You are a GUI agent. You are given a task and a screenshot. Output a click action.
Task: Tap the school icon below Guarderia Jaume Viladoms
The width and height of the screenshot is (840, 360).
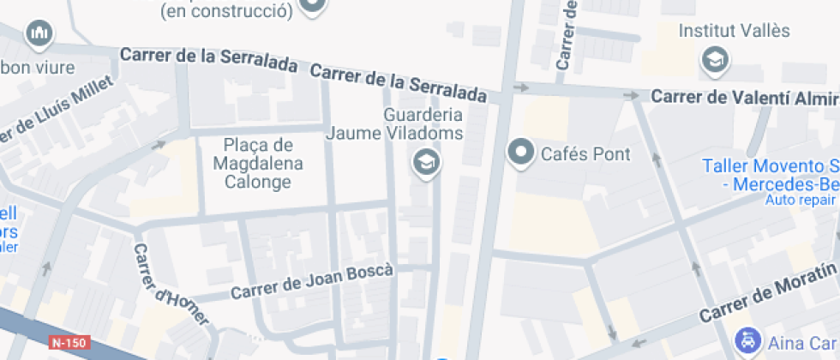(423, 161)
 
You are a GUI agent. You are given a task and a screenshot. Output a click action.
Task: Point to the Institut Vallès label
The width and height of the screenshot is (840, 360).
(722, 31)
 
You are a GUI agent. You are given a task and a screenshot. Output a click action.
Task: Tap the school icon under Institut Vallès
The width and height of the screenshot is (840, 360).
(713, 60)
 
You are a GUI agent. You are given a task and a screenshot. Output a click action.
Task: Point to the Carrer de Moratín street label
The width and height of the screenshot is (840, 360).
(767, 295)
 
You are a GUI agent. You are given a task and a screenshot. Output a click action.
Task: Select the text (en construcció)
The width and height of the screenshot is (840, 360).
(226, 11)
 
